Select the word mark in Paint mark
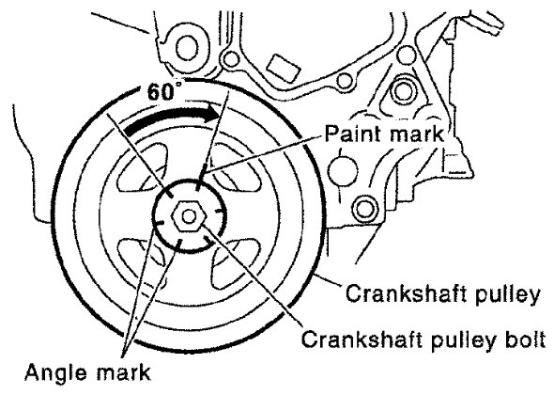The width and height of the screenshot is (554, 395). pyautogui.click(x=412, y=134)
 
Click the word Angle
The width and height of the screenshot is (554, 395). pyautogui.click(x=56, y=372)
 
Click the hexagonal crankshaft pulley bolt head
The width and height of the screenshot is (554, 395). pyautogui.click(x=190, y=216)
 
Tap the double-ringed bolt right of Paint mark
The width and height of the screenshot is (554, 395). pyautogui.click(x=363, y=209)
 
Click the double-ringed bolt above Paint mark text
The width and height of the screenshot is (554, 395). pyautogui.click(x=402, y=92)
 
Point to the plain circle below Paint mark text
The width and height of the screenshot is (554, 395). pyautogui.click(x=342, y=170)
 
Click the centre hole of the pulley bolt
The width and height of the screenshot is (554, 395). pyautogui.click(x=190, y=216)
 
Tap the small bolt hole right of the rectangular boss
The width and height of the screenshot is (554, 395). pyautogui.click(x=346, y=81)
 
